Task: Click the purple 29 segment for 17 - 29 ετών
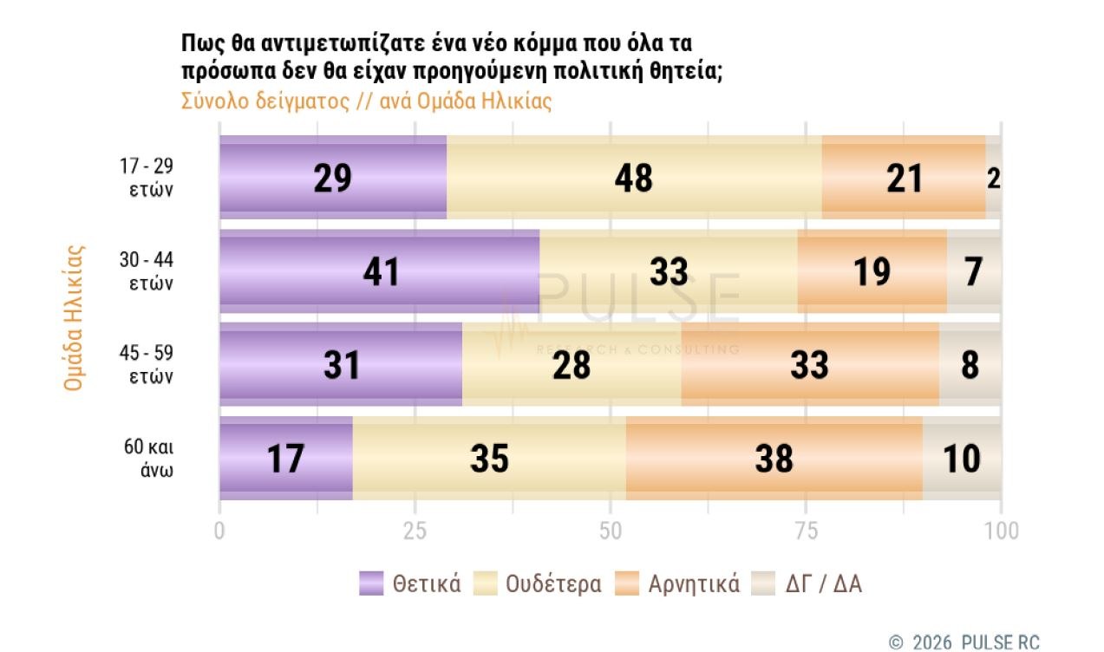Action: click(333, 178)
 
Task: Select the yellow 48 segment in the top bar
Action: click(633, 178)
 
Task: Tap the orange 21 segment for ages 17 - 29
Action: click(904, 178)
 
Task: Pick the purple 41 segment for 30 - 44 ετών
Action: click(379, 271)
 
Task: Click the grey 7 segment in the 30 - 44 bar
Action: click(974, 271)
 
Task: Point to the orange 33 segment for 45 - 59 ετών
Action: click(809, 365)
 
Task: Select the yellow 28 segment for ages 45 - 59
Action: click(572, 365)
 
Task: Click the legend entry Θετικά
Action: click(410, 584)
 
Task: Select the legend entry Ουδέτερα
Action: click(538, 584)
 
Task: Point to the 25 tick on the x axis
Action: click(415, 530)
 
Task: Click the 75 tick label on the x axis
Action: click(807, 530)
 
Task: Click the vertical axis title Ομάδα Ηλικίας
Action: click(75, 317)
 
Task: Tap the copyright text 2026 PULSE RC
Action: click(974, 642)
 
